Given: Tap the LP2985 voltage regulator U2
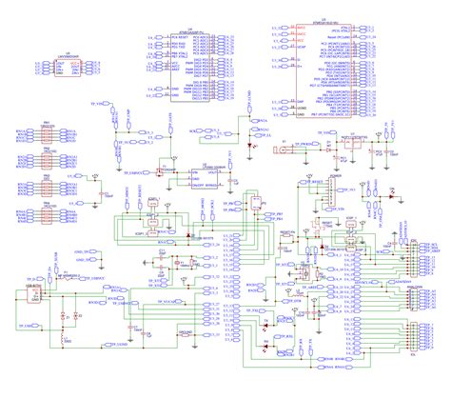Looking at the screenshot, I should [201, 177].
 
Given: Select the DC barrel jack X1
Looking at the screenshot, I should [284, 149].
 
